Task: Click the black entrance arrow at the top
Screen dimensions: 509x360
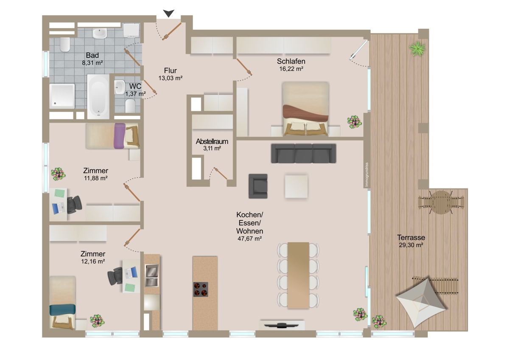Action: [x=169, y=13]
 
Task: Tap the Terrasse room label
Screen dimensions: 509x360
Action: [x=411, y=237]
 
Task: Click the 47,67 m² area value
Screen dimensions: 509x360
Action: [x=249, y=239]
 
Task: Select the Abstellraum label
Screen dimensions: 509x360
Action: [x=212, y=141]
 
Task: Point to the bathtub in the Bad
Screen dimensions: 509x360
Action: [x=98, y=96]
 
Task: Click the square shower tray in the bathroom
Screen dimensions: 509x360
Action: [x=62, y=96]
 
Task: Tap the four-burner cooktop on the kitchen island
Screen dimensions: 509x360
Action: [x=201, y=289]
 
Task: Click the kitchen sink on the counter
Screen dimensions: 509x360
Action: [x=152, y=276]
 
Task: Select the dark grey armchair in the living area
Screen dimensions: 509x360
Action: [x=258, y=186]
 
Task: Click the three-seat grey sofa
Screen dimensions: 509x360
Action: [x=304, y=153]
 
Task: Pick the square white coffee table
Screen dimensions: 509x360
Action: [x=296, y=186]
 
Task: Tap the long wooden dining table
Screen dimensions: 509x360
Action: [x=298, y=275]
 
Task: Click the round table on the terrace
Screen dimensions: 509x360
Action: [x=441, y=202]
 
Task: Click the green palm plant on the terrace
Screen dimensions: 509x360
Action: [x=417, y=48]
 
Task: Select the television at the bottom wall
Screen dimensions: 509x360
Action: [x=282, y=325]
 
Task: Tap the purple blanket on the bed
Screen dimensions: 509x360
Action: [x=120, y=136]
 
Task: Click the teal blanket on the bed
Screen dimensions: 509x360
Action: [x=62, y=310]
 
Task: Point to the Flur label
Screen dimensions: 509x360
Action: [x=171, y=70]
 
